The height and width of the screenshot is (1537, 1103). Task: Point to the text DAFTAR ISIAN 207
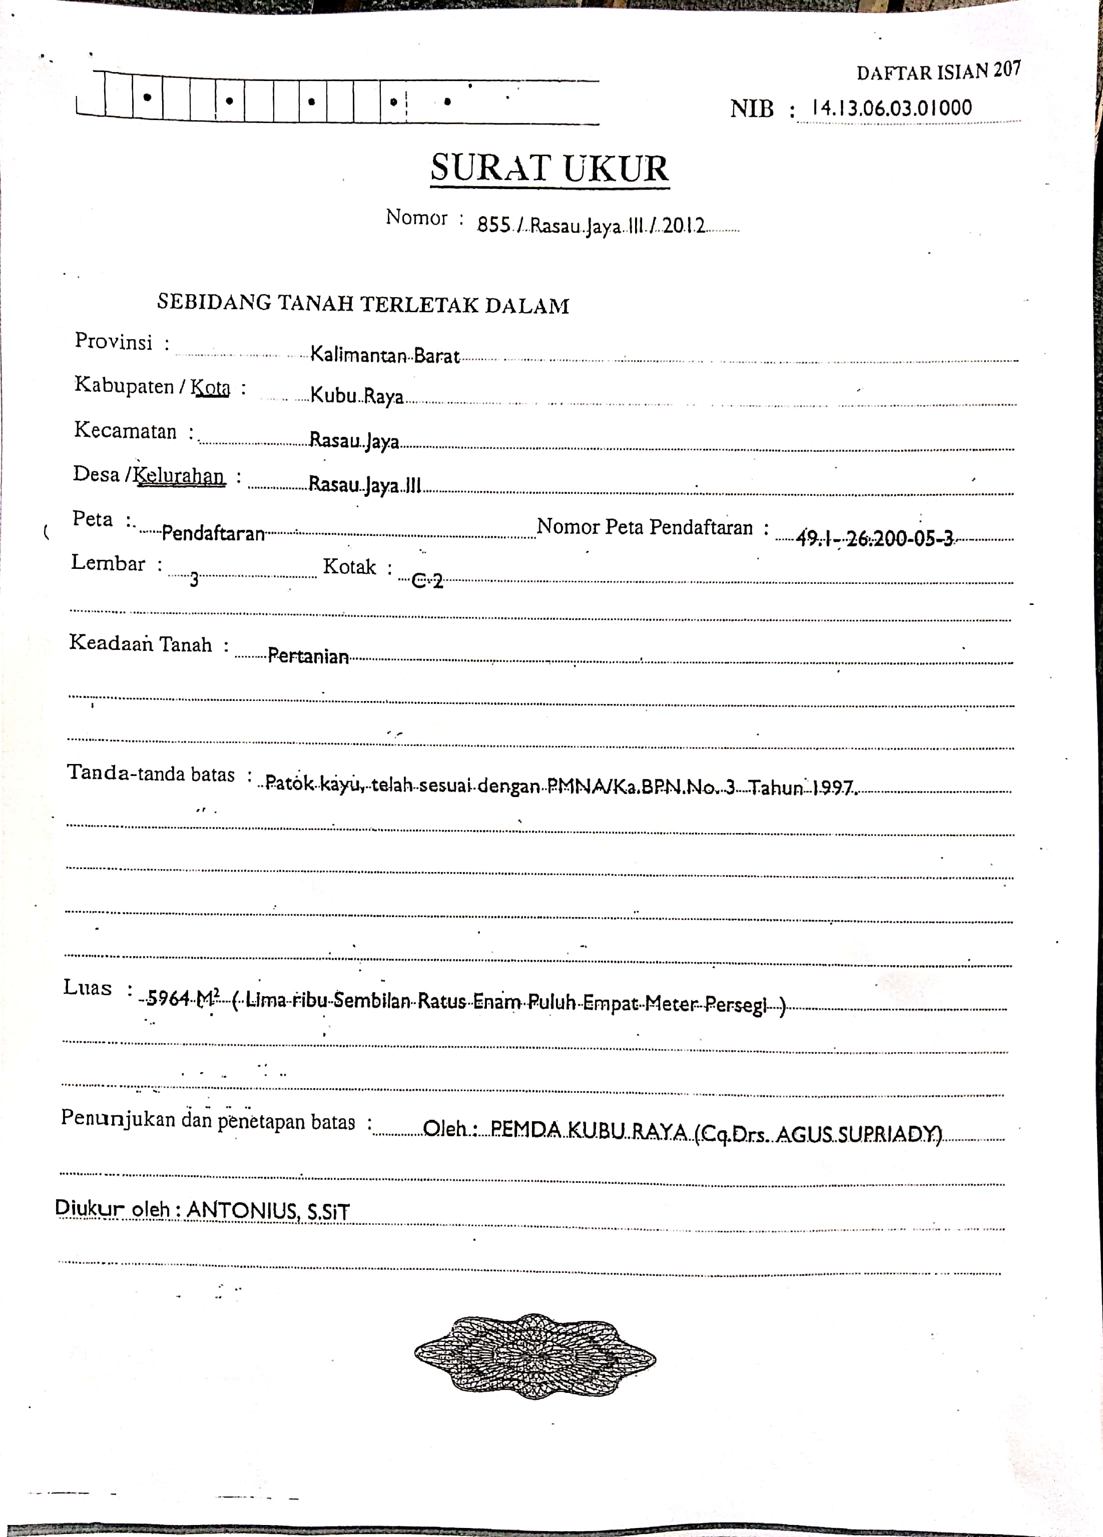[938, 71]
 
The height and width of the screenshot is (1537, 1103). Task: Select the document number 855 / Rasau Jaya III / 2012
[591, 225]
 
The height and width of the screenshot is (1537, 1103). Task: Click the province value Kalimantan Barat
[384, 355]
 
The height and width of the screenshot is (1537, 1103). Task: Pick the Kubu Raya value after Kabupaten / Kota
[357, 396]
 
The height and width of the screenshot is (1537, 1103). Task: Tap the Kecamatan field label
[126, 430]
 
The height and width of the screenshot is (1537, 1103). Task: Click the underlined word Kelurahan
[179, 476]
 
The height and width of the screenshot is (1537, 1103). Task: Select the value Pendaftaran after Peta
[213, 534]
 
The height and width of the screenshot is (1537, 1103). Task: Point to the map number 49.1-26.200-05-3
[874, 539]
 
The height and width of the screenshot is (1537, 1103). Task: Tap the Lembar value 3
[194, 579]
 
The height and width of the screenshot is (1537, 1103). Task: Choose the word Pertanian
[308, 656]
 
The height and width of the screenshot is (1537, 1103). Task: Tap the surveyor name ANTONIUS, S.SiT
[268, 1210]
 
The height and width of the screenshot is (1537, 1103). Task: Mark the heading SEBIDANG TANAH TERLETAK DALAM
[363, 304]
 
